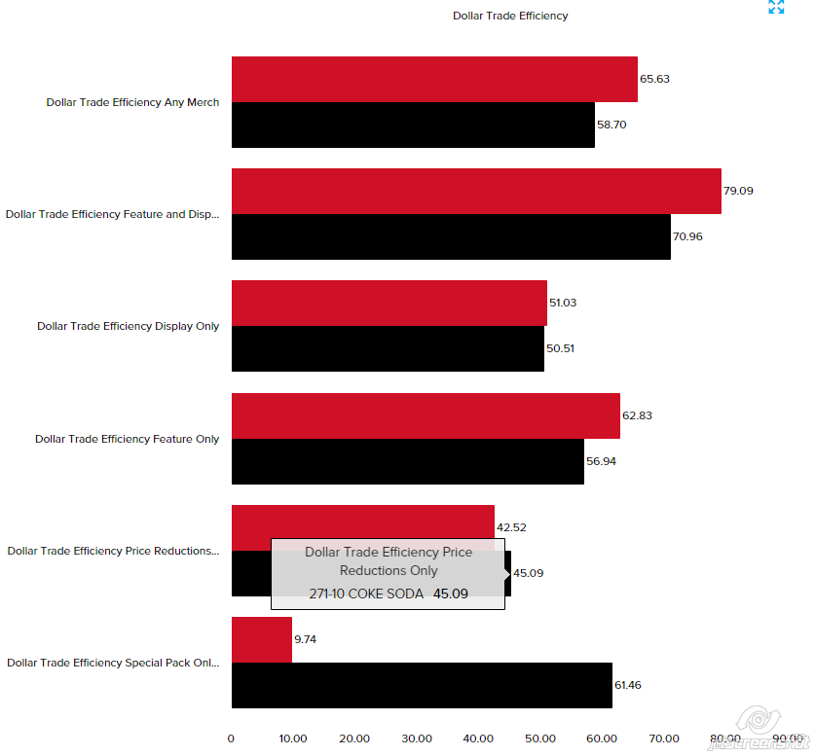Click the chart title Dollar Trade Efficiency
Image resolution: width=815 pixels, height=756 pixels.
(x=510, y=16)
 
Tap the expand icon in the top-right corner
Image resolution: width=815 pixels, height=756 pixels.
(x=776, y=7)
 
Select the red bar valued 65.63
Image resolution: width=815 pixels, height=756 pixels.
(x=434, y=79)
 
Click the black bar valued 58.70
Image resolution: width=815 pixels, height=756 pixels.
(x=413, y=125)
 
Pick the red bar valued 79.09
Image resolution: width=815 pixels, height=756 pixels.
(x=476, y=191)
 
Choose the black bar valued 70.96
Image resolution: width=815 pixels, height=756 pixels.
(x=451, y=236)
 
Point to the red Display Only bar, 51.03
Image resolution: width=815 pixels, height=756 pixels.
(x=389, y=303)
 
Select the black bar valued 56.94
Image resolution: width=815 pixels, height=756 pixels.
(x=407, y=461)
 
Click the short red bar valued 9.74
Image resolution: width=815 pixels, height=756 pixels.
(x=262, y=639)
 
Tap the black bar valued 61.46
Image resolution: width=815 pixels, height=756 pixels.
(x=422, y=685)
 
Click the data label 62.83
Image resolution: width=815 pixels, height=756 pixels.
(x=637, y=415)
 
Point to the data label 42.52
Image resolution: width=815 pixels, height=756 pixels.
(x=511, y=527)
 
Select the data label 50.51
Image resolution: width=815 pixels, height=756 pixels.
(x=560, y=348)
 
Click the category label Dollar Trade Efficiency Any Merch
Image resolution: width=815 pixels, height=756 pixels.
(x=132, y=102)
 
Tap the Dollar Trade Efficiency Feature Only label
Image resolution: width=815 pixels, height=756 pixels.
(x=128, y=439)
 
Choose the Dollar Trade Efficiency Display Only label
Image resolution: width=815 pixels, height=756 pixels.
(x=129, y=326)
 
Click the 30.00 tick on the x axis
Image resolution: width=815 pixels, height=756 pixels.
(x=417, y=738)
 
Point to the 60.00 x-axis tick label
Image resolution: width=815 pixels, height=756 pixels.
(x=603, y=738)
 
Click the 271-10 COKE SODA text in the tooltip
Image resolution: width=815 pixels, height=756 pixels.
(x=366, y=594)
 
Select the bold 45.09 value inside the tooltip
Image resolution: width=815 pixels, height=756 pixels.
(x=451, y=594)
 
